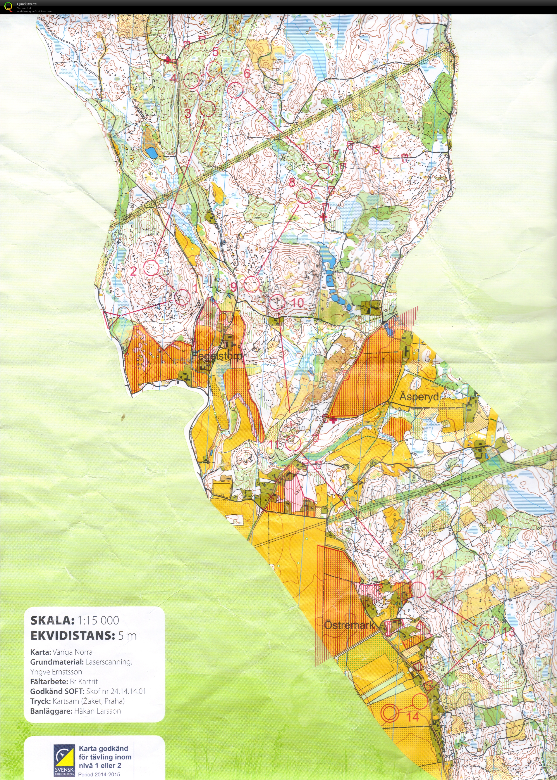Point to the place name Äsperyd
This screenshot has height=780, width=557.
tap(419, 397)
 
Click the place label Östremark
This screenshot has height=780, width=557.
tap(349, 625)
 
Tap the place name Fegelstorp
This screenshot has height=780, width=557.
tap(217, 356)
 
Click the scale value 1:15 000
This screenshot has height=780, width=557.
tap(98, 620)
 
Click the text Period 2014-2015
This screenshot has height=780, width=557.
tap(99, 774)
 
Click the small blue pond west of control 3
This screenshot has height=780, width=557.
tap(151, 152)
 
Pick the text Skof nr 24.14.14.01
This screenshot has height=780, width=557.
tap(116, 691)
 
